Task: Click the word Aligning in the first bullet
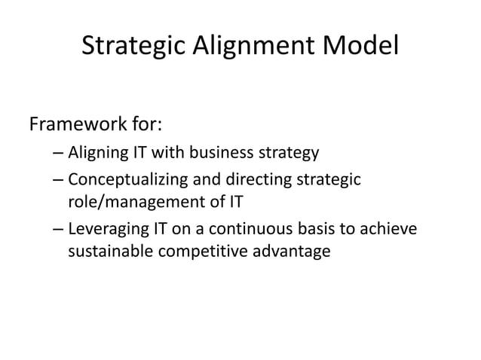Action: pyautogui.click(x=97, y=154)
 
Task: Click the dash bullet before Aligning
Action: pyautogui.click(x=59, y=155)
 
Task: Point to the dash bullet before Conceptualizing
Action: pyautogui.click(x=59, y=181)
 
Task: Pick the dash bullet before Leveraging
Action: pyautogui.click(x=59, y=227)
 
